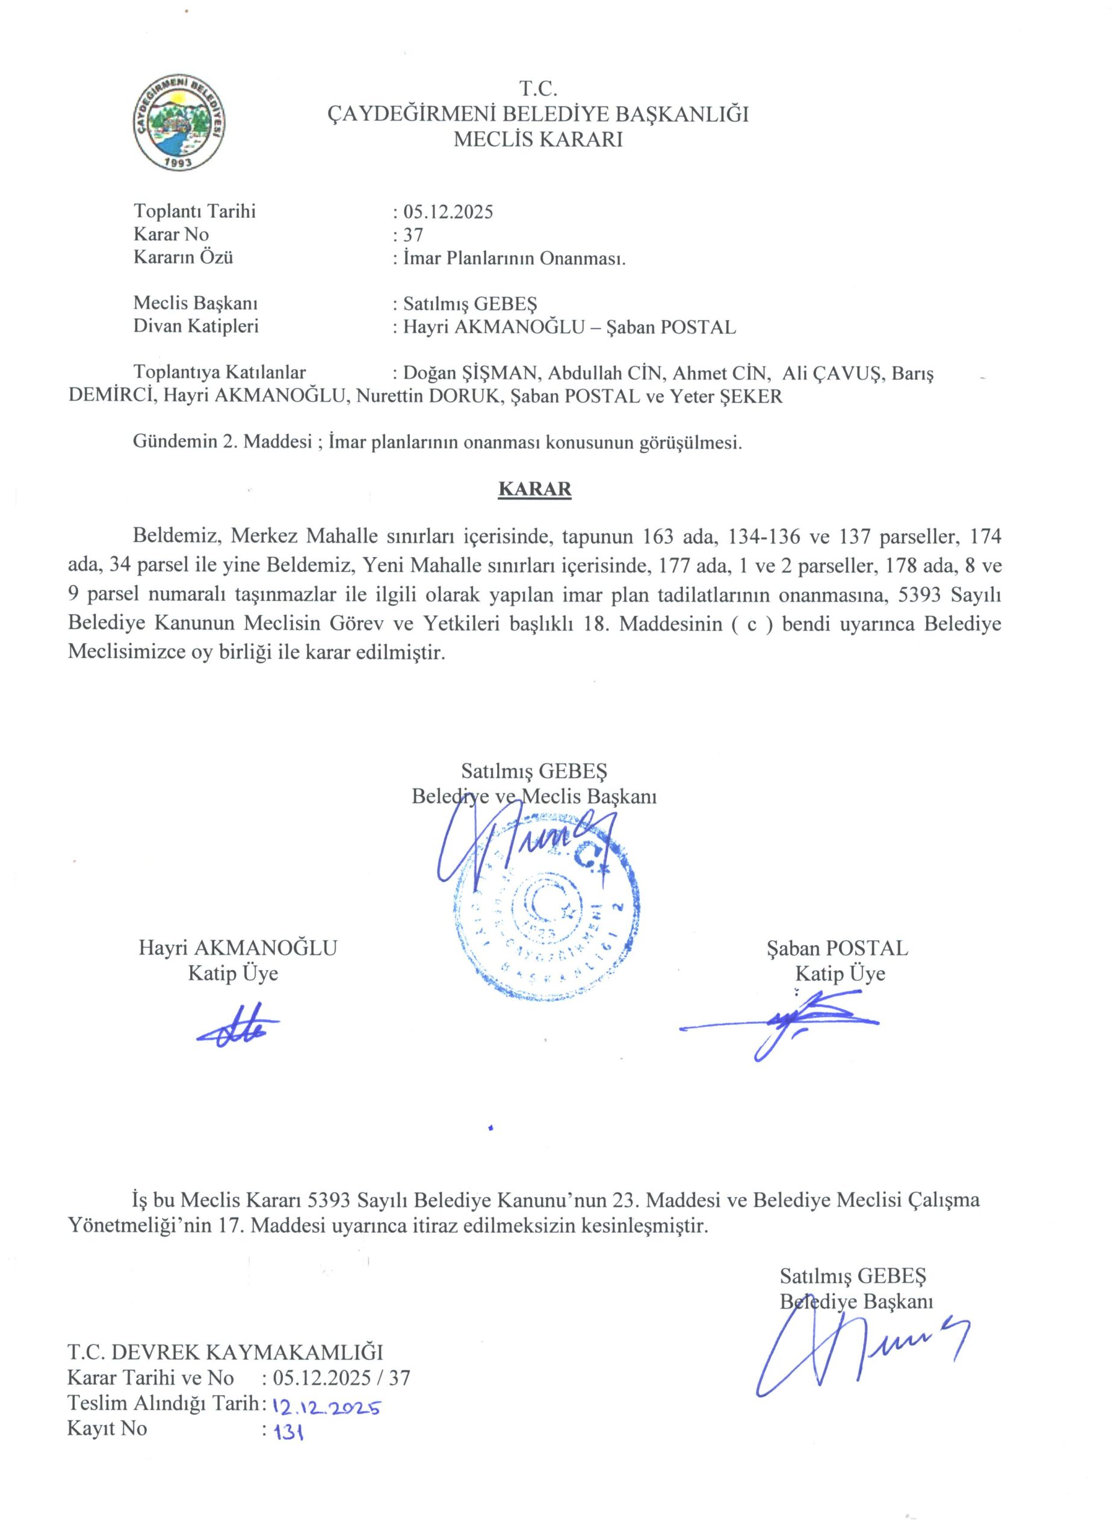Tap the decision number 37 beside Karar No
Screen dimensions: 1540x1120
[x=413, y=235]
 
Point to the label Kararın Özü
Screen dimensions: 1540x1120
[x=184, y=258]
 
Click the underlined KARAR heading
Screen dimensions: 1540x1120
[x=535, y=490]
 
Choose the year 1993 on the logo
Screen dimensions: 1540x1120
[x=180, y=164]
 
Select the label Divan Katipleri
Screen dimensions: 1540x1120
[x=196, y=327]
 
